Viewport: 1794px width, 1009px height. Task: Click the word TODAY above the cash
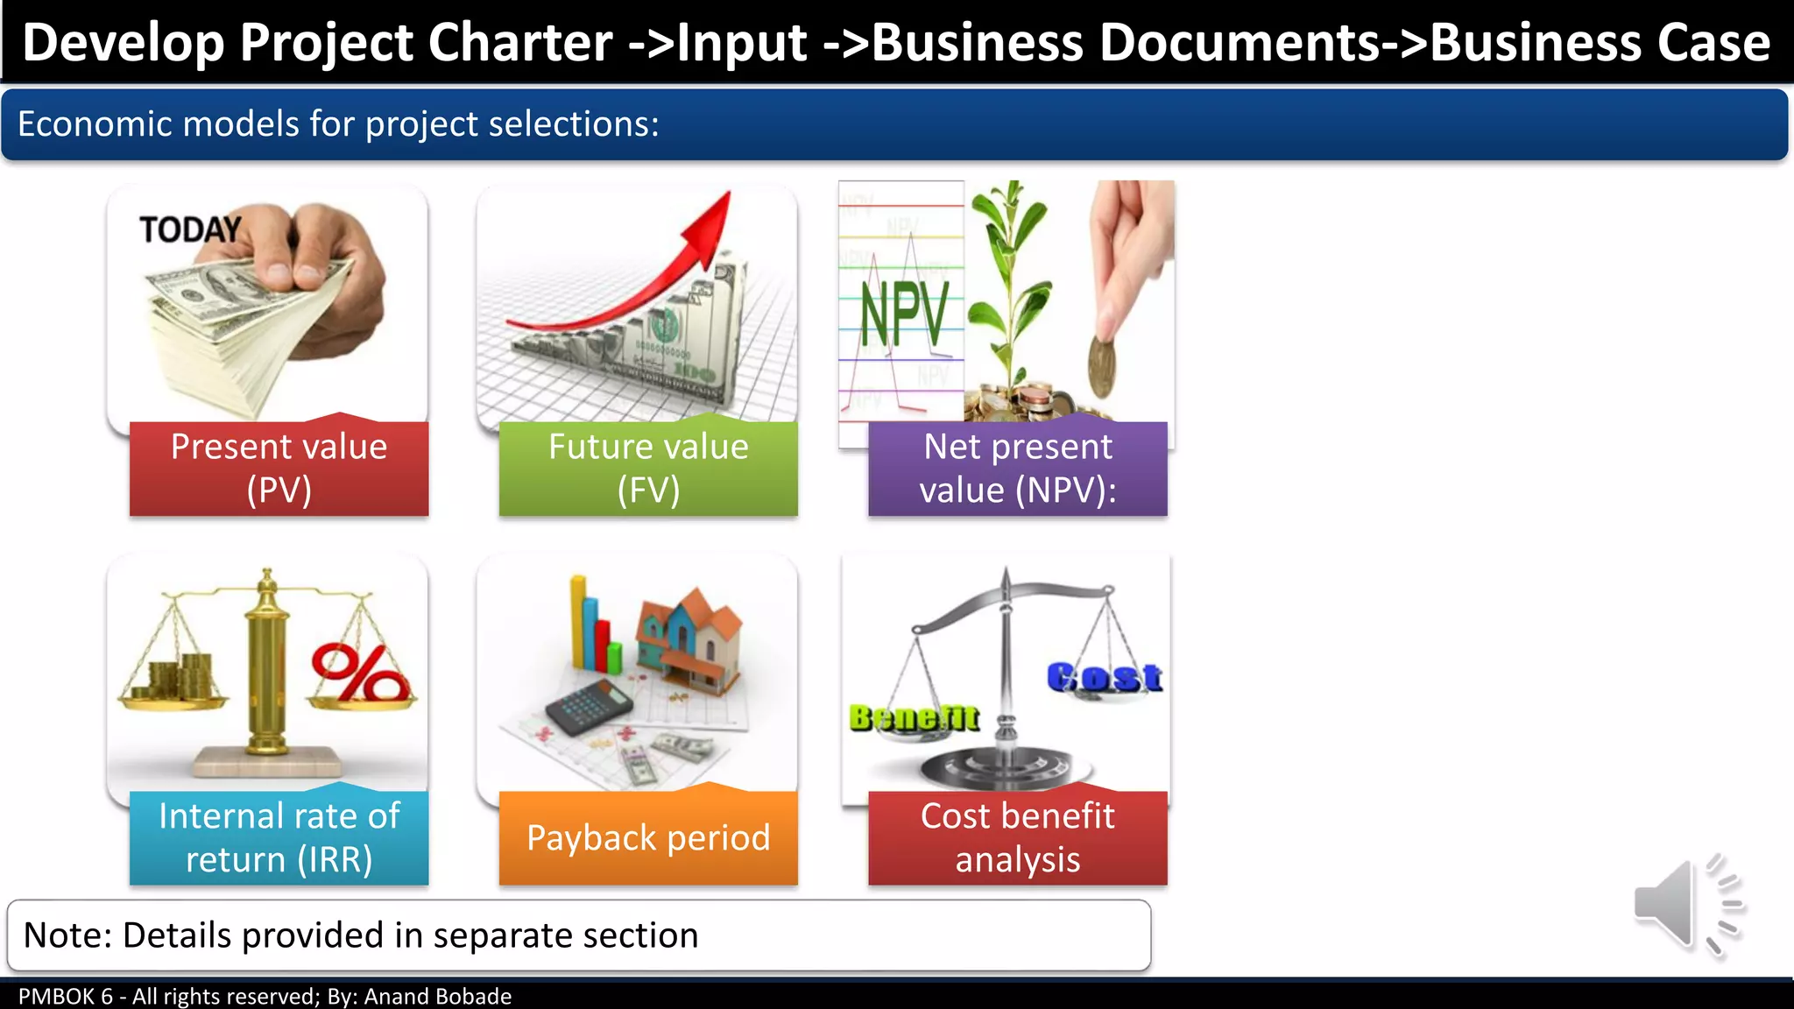click(x=190, y=230)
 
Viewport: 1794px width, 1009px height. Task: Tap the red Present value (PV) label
click(x=279, y=469)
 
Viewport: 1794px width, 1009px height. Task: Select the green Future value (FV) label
click(x=648, y=469)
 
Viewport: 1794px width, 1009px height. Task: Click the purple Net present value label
click(x=1017, y=469)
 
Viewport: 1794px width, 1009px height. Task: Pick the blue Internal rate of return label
click(x=279, y=837)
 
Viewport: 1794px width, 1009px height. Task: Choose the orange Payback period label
click(x=648, y=838)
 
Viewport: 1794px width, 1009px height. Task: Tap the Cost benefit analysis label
click(x=1017, y=837)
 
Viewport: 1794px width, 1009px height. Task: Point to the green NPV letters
click(x=903, y=314)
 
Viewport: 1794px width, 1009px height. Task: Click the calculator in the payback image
click(x=589, y=706)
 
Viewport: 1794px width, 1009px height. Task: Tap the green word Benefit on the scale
click(x=914, y=718)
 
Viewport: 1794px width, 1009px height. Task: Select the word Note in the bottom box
click(x=67, y=935)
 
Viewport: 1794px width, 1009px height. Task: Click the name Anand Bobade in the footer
click(x=437, y=997)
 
